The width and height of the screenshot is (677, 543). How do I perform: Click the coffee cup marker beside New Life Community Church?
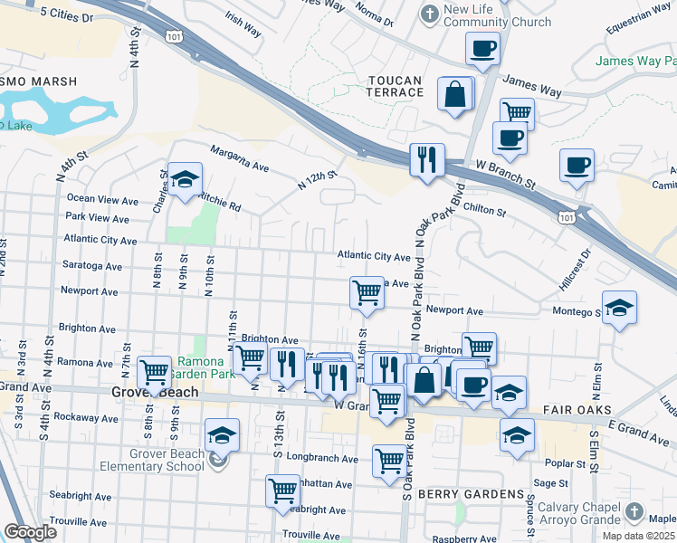tap(482, 48)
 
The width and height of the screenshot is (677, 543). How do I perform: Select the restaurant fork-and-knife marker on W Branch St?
tap(424, 159)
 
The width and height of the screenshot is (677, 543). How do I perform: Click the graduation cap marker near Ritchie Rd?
tap(185, 179)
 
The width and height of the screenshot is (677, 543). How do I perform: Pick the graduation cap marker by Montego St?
tap(619, 308)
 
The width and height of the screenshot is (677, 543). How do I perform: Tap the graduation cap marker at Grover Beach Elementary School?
tap(222, 435)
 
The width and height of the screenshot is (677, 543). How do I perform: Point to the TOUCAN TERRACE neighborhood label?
tap(396, 86)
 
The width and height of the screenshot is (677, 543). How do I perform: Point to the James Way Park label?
tap(635, 62)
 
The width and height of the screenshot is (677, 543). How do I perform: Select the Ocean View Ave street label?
tap(102, 199)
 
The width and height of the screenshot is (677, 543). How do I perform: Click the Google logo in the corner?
tap(31, 532)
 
